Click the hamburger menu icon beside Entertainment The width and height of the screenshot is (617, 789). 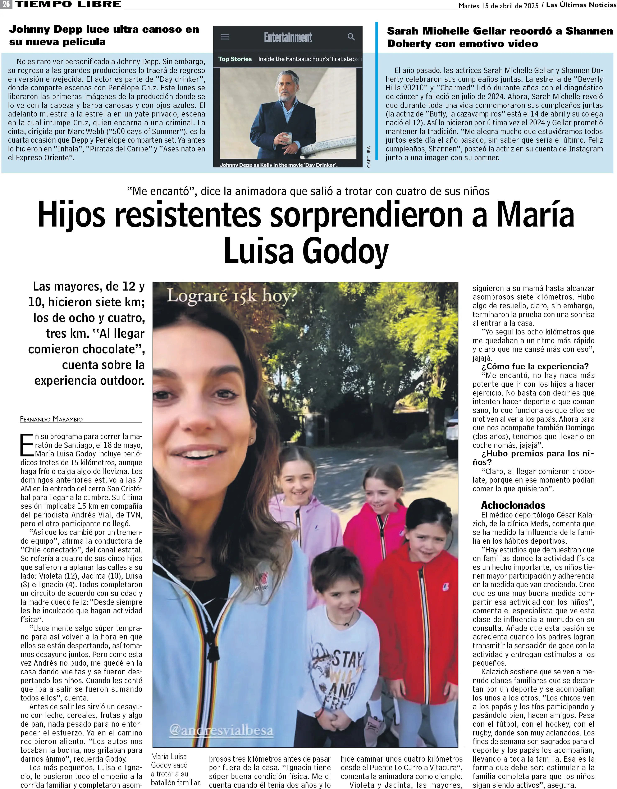tap(225, 37)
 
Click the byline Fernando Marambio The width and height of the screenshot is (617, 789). tap(51, 419)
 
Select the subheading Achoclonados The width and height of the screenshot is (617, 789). tap(513, 505)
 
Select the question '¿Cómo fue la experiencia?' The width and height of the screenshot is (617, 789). tap(535, 366)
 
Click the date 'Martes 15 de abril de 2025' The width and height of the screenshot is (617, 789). tap(498, 5)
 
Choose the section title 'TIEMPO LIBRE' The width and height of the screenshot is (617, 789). tap(68, 4)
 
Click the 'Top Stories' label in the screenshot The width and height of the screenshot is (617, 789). tap(235, 59)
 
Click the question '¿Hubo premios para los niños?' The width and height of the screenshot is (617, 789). tap(533, 458)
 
